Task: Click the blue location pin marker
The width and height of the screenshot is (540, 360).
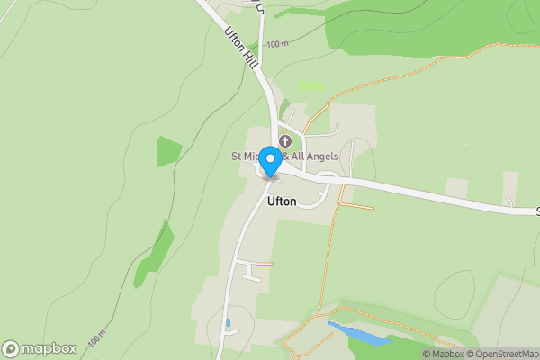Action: (x=270, y=160)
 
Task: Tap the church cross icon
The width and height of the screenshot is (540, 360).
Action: (x=285, y=142)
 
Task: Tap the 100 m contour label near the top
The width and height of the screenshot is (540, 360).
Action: (x=279, y=44)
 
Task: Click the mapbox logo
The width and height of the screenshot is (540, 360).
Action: (x=40, y=348)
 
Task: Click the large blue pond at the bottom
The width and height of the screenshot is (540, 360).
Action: (x=359, y=333)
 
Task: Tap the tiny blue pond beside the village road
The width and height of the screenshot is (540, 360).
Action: (x=228, y=321)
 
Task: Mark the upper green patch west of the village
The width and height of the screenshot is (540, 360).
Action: (x=168, y=150)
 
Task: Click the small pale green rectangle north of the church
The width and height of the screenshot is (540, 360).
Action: (x=310, y=86)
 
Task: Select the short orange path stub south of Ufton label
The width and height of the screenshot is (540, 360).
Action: (x=264, y=264)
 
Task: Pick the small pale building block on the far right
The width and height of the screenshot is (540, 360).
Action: (x=457, y=189)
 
